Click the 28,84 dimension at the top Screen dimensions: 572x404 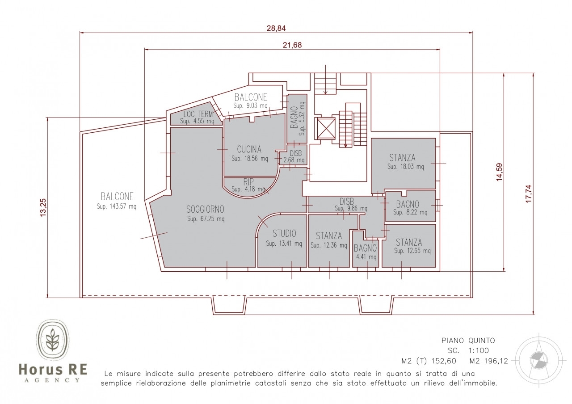(276, 28)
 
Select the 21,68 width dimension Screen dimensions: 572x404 (292, 45)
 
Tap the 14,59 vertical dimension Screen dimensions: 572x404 (499, 172)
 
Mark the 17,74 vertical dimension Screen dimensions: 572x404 (528, 194)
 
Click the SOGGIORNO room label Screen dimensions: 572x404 (205, 210)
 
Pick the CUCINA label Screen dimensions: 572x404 (249, 149)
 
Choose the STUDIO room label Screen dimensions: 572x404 (284, 233)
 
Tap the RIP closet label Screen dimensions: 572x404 (248, 182)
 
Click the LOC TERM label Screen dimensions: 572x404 (198, 114)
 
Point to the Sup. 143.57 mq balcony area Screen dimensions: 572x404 (117, 206)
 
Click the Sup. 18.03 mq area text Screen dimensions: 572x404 (405, 167)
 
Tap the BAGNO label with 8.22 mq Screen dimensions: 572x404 (408, 204)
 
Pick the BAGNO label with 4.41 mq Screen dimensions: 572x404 (365, 248)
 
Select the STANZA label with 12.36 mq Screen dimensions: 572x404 (329, 236)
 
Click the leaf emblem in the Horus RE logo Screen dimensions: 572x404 (53, 340)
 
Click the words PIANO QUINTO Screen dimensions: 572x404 (468, 341)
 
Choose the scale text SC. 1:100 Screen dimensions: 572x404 (468, 351)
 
